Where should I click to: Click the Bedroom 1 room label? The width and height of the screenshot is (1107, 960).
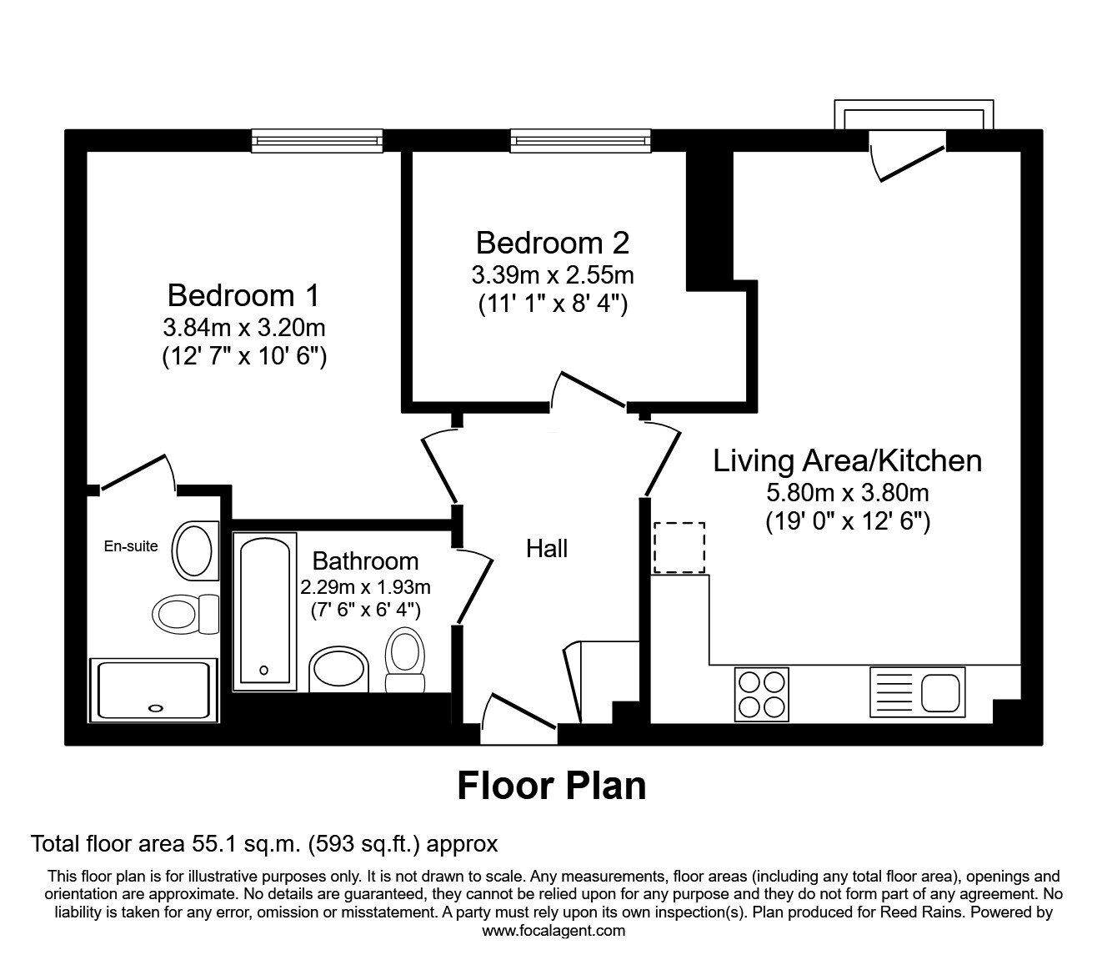pyautogui.click(x=243, y=295)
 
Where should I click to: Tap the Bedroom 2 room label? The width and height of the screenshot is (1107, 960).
pyautogui.click(x=552, y=243)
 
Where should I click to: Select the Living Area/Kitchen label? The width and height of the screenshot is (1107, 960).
pyautogui.click(x=847, y=460)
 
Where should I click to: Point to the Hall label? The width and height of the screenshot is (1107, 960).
pyautogui.click(x=547, y=548)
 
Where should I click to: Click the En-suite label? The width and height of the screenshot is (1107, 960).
pyautogui.click(x=130, y=547)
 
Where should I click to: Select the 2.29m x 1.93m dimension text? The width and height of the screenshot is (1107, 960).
pyautogui.click(x=365, y=587)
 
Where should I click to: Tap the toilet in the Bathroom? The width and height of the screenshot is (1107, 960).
pyautogui.click(x=405, y=661)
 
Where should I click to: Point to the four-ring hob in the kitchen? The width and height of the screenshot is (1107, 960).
pyautogui.click(x=762, y=694)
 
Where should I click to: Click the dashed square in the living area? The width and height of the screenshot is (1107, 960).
pyautogui.click(x=679, y=548)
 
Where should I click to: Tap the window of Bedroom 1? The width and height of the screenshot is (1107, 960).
pyautogui.click(x=317, y=141)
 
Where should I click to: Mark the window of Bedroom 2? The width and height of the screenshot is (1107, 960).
pyautogui.click(x=580, y=141)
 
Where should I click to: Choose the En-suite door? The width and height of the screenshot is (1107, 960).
pyautogui.click(x=136, y=474)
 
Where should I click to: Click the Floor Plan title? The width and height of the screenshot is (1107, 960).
pyautogui.click(x=552, y=786)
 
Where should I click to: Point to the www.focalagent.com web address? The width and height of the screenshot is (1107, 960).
pyautogui.click(x=553, y=931)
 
